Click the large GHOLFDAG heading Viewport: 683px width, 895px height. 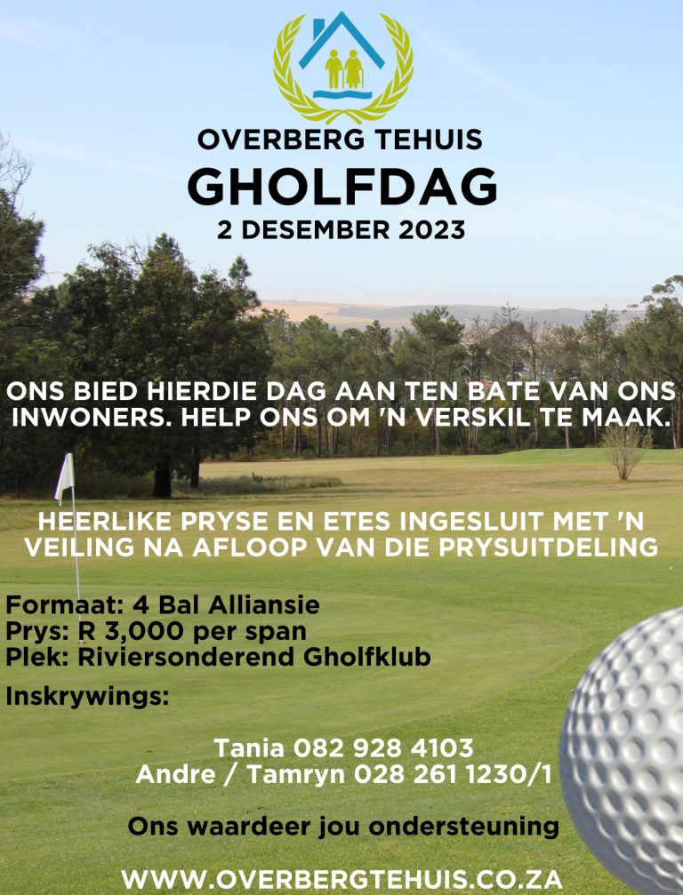(x=341, y=186)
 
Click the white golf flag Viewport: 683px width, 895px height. (x=64, y=477)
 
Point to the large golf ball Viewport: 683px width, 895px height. (x=627, y=747)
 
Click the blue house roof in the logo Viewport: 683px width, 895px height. (x=342, y=40)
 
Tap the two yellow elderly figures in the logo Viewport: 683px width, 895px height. (x=342, y=68)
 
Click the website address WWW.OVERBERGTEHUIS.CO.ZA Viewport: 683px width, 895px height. (x=341, y=879)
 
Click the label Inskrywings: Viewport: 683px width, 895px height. (x=87, y=696)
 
